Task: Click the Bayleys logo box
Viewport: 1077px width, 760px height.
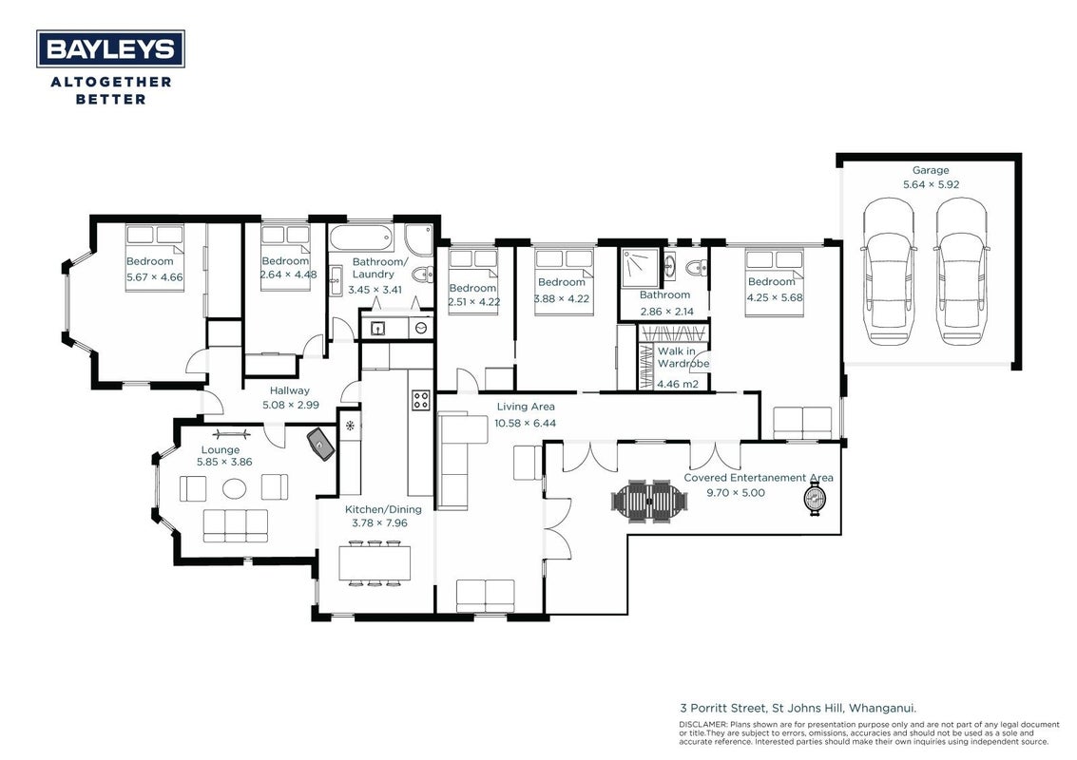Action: [110, 48]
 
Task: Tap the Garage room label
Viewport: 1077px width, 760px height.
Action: [931, 170]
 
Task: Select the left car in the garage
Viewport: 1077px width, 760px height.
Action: [888, 271]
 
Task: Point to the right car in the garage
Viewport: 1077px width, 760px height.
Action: [962, 271]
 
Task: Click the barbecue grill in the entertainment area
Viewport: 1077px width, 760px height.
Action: [816, 498]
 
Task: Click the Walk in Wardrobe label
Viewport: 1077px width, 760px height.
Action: [683, 357]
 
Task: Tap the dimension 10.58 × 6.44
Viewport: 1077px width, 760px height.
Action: [526, 423]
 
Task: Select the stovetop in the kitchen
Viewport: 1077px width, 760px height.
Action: [421, 400]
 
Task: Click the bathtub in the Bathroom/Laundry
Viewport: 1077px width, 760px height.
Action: [362, 238]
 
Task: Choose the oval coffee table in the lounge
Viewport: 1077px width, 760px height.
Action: [234, 489]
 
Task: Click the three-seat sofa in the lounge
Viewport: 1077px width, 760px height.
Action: [236, 525]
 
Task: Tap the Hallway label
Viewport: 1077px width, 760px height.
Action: [289, 390]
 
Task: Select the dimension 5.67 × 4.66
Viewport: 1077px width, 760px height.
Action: [155, 277]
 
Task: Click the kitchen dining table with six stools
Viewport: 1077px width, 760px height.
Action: [375, 563]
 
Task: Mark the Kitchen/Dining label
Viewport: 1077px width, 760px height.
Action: [383, 509]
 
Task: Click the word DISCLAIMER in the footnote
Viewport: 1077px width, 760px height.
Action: [703, 724]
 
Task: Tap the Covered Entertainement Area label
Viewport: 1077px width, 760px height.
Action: [759, 478]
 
